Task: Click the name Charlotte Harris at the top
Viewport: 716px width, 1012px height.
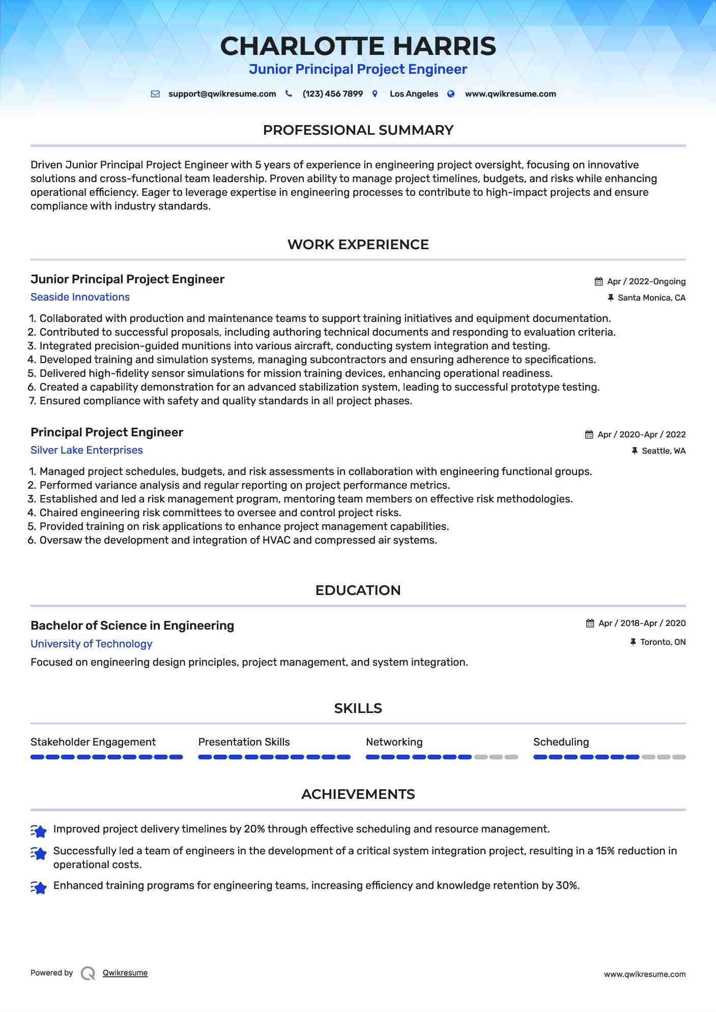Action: [358, 46]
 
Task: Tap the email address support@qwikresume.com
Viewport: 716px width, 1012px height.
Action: [222, 94]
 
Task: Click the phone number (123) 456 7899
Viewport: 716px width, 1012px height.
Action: [332, 94]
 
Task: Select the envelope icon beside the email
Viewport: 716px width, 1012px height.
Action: [156, 94]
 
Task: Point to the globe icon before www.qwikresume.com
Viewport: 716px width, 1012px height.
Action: [451, 94]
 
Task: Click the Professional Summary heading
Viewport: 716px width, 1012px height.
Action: [358, 130]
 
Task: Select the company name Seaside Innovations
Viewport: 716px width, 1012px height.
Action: [80, 297]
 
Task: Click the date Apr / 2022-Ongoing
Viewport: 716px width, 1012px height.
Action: [646, 282]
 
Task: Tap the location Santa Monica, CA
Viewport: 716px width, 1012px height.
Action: [651, 298]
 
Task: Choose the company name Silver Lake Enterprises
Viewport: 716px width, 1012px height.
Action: [87, 450]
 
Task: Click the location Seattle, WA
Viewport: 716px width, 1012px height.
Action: [664, 451]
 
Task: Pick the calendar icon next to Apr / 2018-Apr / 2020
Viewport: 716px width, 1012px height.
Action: [590, 623]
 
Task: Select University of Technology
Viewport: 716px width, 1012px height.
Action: [92, 644]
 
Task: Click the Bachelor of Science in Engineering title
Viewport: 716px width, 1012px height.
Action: [132, 626]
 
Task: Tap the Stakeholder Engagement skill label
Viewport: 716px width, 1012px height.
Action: [93, 742]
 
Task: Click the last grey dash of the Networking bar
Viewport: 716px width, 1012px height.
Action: [511, 757]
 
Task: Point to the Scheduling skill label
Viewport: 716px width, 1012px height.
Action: [561, 742]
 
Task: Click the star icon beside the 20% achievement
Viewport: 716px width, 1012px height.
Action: [39, 830]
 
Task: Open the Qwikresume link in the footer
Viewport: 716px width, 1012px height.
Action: [125, 973]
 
